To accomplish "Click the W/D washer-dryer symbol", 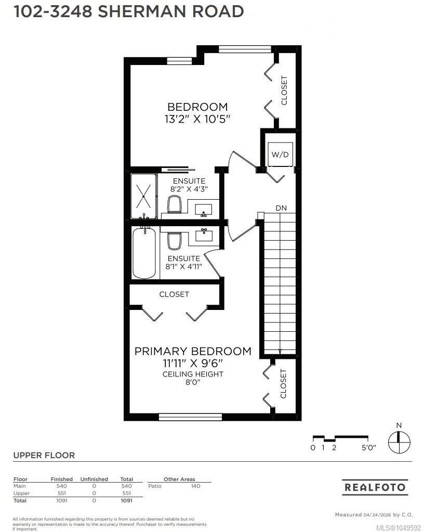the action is [x=280, y=154].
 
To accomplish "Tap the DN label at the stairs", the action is [x=281, y=208].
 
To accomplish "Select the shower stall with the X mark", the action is [x=144, y=197].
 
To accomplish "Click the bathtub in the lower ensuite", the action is [x=144, y=253].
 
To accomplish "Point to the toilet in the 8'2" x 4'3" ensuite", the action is [x=175, y=204].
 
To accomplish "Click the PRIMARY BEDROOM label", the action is [x=193, y=351].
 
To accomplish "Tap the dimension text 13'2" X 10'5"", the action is [x=197, y=120].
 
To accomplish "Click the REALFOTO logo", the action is [x=375, y=487].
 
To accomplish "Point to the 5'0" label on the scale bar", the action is [x=369, y=448].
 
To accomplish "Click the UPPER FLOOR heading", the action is [x=44, y=456].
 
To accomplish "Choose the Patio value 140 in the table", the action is [x=195, y=486].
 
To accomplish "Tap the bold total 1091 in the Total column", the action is [x=126, y=500].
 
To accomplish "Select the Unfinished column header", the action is [x=94, y=479].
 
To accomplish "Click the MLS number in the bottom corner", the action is [x=399, y=528].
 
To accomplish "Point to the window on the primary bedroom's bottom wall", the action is [x=191, y=417].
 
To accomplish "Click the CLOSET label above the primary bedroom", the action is [x=174, y=294].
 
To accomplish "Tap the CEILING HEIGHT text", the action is [x=193, y=374].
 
